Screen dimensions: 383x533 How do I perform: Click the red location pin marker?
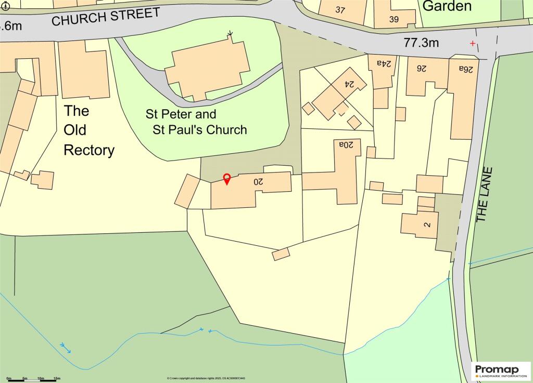227,179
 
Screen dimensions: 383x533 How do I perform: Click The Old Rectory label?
88,130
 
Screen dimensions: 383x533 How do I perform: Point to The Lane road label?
484,195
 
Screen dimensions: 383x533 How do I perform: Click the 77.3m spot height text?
422,43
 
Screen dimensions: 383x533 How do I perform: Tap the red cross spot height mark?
473,43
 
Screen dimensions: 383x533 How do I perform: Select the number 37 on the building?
340,10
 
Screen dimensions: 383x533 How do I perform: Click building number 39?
394,20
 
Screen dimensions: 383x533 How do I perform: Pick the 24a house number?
385,63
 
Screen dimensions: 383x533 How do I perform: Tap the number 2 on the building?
427,225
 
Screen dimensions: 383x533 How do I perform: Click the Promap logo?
502,371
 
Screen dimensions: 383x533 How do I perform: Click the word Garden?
447,6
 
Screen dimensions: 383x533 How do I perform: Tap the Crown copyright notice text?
206,378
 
